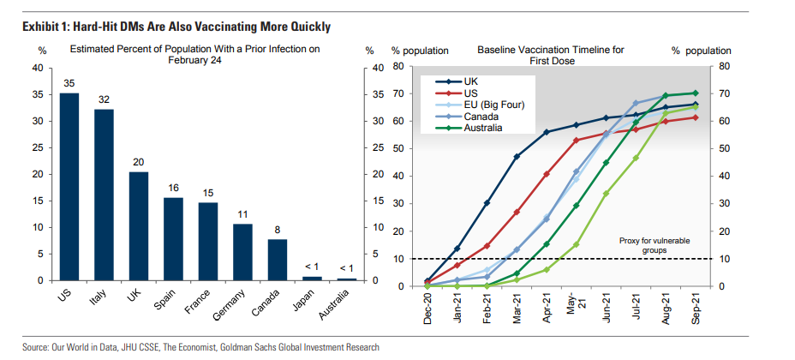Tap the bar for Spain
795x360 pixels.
pos(173,239)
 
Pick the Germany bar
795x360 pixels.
pos(242,252)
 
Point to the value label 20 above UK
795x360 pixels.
pos(138,161)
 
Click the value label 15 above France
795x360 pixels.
pos(207,192)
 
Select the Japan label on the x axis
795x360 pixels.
pos(305,302)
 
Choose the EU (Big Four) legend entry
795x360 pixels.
pos(493,105)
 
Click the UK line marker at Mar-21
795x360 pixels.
pos(517,157)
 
